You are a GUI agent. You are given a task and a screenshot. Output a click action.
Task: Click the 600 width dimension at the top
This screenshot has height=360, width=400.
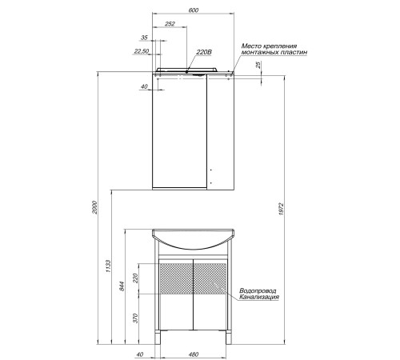[193, 10]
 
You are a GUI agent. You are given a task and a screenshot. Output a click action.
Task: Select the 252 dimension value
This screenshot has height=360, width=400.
[170, 24]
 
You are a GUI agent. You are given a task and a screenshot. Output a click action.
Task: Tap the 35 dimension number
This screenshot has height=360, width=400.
[144, 38]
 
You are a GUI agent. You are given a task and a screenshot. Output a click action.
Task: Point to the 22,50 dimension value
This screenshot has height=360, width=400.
[142, 51]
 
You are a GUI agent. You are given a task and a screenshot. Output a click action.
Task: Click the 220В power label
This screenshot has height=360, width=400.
[204, 52]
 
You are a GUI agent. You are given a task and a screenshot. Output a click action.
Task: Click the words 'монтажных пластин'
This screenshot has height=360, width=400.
[274, 52]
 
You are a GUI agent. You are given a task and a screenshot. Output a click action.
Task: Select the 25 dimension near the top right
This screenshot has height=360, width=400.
[258, 65]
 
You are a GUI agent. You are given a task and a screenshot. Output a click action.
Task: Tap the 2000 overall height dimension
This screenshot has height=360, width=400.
[94, 207]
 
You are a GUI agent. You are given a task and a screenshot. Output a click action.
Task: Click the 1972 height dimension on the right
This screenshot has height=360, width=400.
[281, 209]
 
